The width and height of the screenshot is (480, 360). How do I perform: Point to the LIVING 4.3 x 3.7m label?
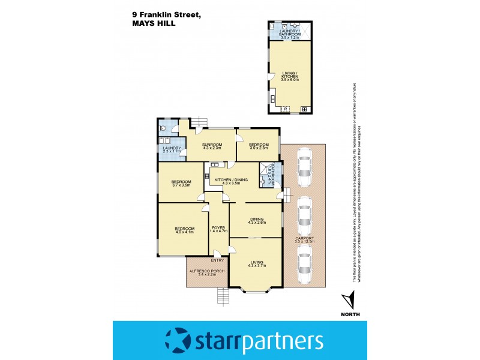(256, 263)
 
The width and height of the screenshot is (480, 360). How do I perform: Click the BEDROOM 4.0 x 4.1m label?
(185, 230)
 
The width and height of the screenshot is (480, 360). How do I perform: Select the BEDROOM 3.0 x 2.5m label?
(258, 146)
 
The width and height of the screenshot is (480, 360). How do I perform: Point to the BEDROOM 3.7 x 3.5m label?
(181, 183)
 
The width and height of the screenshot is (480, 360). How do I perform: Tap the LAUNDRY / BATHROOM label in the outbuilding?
(290, 32)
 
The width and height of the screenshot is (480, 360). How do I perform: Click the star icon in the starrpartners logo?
(178, 341)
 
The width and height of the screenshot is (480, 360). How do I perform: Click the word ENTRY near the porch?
(217, 260)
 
